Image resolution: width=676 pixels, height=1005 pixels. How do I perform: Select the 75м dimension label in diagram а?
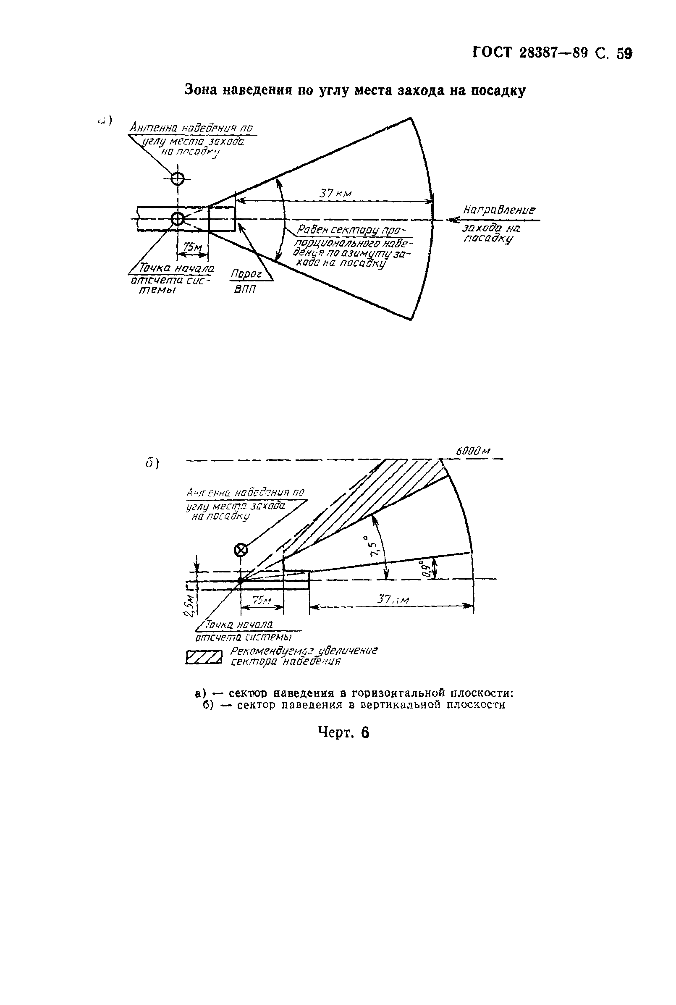(192, 247)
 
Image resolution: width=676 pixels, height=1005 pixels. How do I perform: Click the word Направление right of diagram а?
(499, 210)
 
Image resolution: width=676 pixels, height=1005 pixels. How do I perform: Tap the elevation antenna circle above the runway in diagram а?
(177, 178)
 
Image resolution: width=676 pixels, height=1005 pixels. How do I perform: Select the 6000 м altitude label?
(473, 451)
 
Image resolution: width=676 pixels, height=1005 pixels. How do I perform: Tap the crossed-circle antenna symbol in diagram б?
(240, 550)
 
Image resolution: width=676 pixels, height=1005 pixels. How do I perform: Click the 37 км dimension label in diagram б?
(393, 600)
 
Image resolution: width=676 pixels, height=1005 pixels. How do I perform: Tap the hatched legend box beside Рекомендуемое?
(204, 658)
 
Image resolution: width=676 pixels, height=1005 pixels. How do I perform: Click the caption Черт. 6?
(343, 732)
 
